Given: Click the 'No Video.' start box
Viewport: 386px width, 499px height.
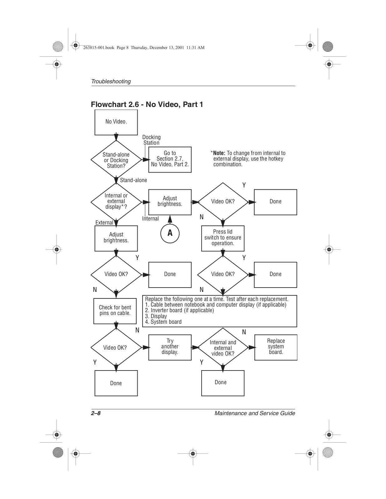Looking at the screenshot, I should (116, 122).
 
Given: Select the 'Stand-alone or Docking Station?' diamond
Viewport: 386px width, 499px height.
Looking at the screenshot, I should (116, 160).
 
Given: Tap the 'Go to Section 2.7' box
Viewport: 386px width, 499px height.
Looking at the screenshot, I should (170, 159).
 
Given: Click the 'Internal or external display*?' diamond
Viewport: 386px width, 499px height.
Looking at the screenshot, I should (116, 201).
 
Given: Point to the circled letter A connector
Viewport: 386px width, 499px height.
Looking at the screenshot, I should (170, 233).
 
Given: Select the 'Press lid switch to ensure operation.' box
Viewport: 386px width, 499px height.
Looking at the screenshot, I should (222, 238).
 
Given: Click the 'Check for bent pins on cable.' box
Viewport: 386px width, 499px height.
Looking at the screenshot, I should (115, 310).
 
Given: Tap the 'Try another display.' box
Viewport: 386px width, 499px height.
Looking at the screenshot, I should (170, 347).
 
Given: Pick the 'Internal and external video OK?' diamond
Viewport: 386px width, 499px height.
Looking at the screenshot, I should (223, 348).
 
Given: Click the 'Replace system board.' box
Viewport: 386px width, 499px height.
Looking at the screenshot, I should (276, 347).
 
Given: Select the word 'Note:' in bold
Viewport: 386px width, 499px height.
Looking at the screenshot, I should (219, 153).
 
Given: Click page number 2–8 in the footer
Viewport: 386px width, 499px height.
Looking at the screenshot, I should (96, 413).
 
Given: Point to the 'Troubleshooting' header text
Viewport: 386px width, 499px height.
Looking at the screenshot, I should (111, 81).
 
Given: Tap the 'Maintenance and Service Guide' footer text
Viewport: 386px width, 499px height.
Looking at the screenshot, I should (255, 413).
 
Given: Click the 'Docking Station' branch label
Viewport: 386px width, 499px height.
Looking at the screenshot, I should (151, 140).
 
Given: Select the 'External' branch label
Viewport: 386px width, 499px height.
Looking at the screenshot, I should (104, 223).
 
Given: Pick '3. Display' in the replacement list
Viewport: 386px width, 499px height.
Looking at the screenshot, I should (156, 316).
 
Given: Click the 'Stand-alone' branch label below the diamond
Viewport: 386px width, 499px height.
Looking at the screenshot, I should (134, 180).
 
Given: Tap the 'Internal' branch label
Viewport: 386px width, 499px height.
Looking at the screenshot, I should (150, 219).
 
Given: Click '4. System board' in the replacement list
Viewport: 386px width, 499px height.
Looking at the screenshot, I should (163, 322).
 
